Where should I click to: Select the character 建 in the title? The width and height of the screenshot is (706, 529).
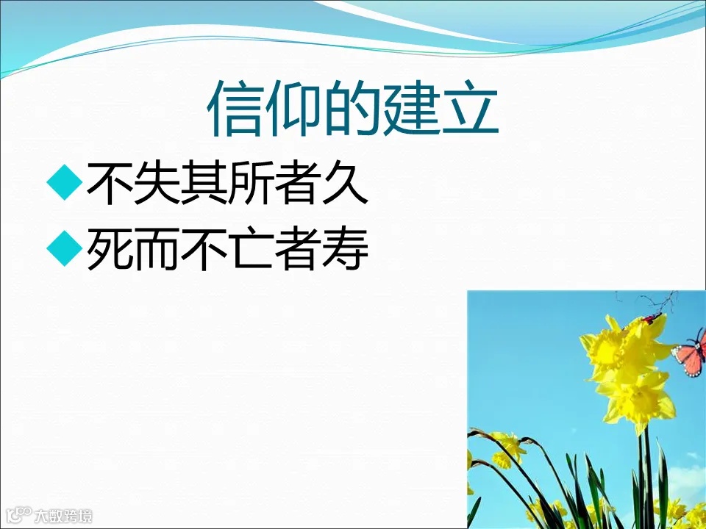[410, 109]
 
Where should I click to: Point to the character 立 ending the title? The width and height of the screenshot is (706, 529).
[469, 109]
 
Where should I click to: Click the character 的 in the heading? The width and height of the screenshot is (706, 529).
[352, 109]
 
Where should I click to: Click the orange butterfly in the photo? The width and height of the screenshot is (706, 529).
[689, 353]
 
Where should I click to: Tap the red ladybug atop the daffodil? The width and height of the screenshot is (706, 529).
[649, 318]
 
